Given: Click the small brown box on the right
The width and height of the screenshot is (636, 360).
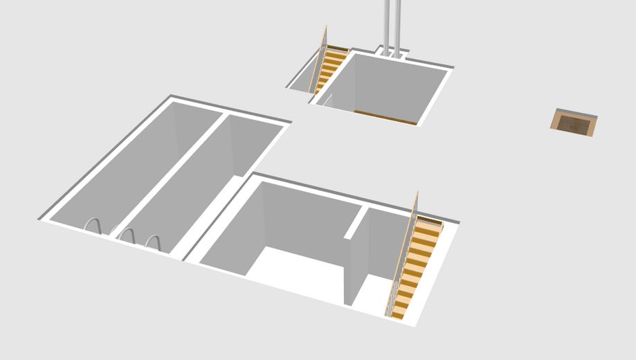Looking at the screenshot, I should pyautogui.click(x=574, y=123).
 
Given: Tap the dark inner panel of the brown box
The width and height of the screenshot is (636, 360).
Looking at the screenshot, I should pyautogui.click(x=572, y=125).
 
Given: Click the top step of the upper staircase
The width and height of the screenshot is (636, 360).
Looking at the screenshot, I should pyautogui.click(x=337, y=50).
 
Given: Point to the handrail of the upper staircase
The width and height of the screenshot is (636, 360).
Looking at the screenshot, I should pyautogui.click(x=320, y=59).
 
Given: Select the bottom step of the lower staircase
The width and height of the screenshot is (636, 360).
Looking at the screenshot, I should pyautogui.click(x=398, y=313).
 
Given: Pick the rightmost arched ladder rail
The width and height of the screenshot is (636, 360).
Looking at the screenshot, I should pyautogui.click(x=153, y=242).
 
